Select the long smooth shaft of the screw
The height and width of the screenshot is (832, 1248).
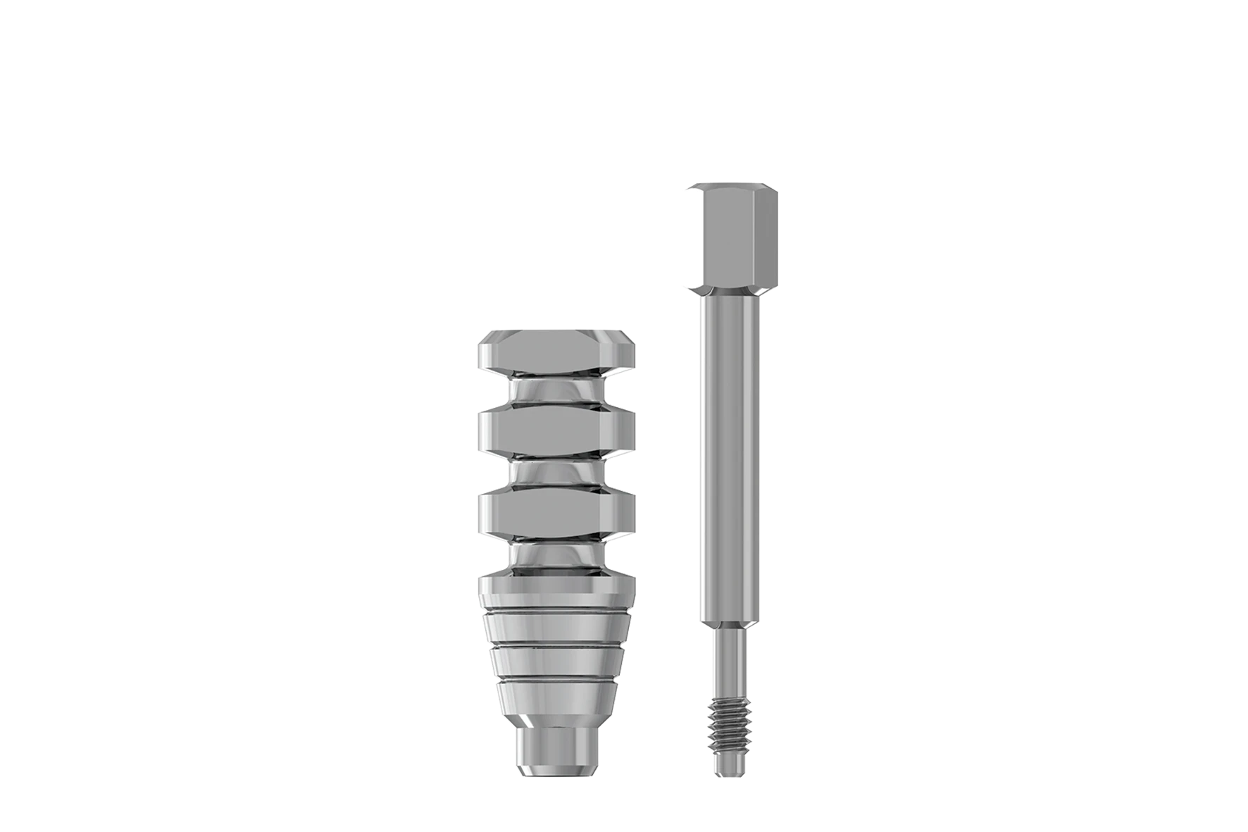click(x=731, y=458)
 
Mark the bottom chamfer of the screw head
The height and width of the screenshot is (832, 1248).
click(x=732, y=290)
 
